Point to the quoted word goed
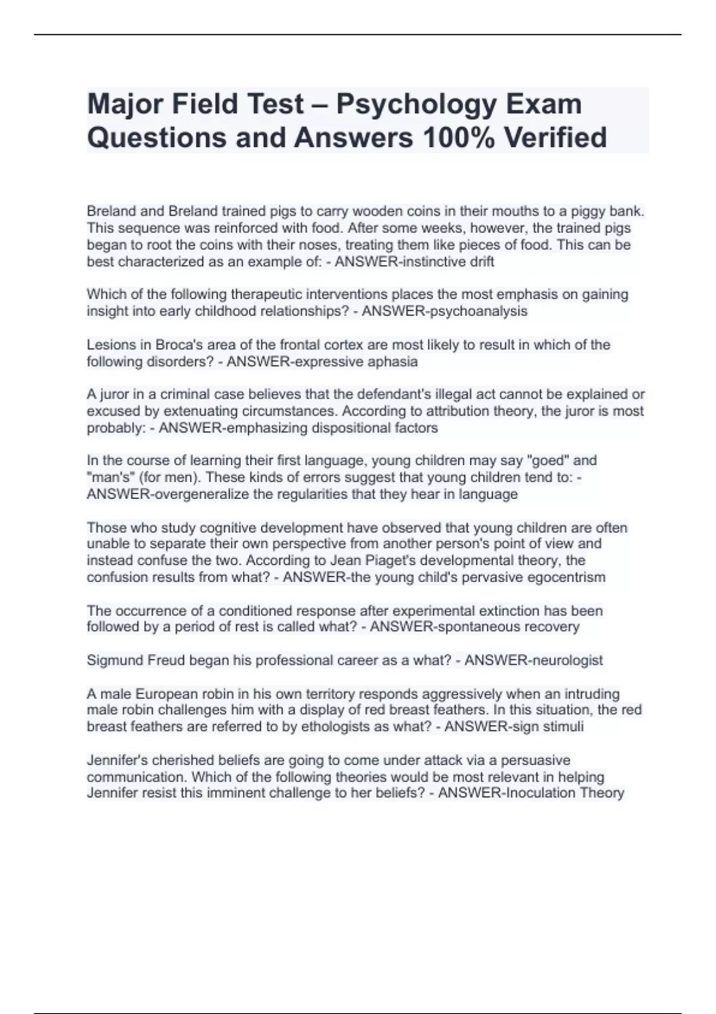pyautogui.click(x=550, y=460)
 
